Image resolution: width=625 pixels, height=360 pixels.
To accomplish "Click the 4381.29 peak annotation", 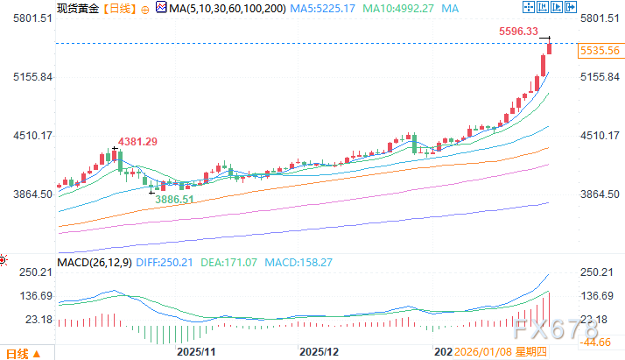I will tap(133, 142).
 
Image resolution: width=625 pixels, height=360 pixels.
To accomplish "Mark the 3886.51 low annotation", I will tap(174, 200).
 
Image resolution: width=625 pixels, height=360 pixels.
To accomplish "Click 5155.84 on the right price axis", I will tap(600, 77).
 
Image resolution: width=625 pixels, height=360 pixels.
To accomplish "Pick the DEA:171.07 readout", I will tap(230, 262).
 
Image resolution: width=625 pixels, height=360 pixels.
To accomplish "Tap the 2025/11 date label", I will tap(196, 351).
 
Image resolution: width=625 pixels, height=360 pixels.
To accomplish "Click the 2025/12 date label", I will tap(319, 351).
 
